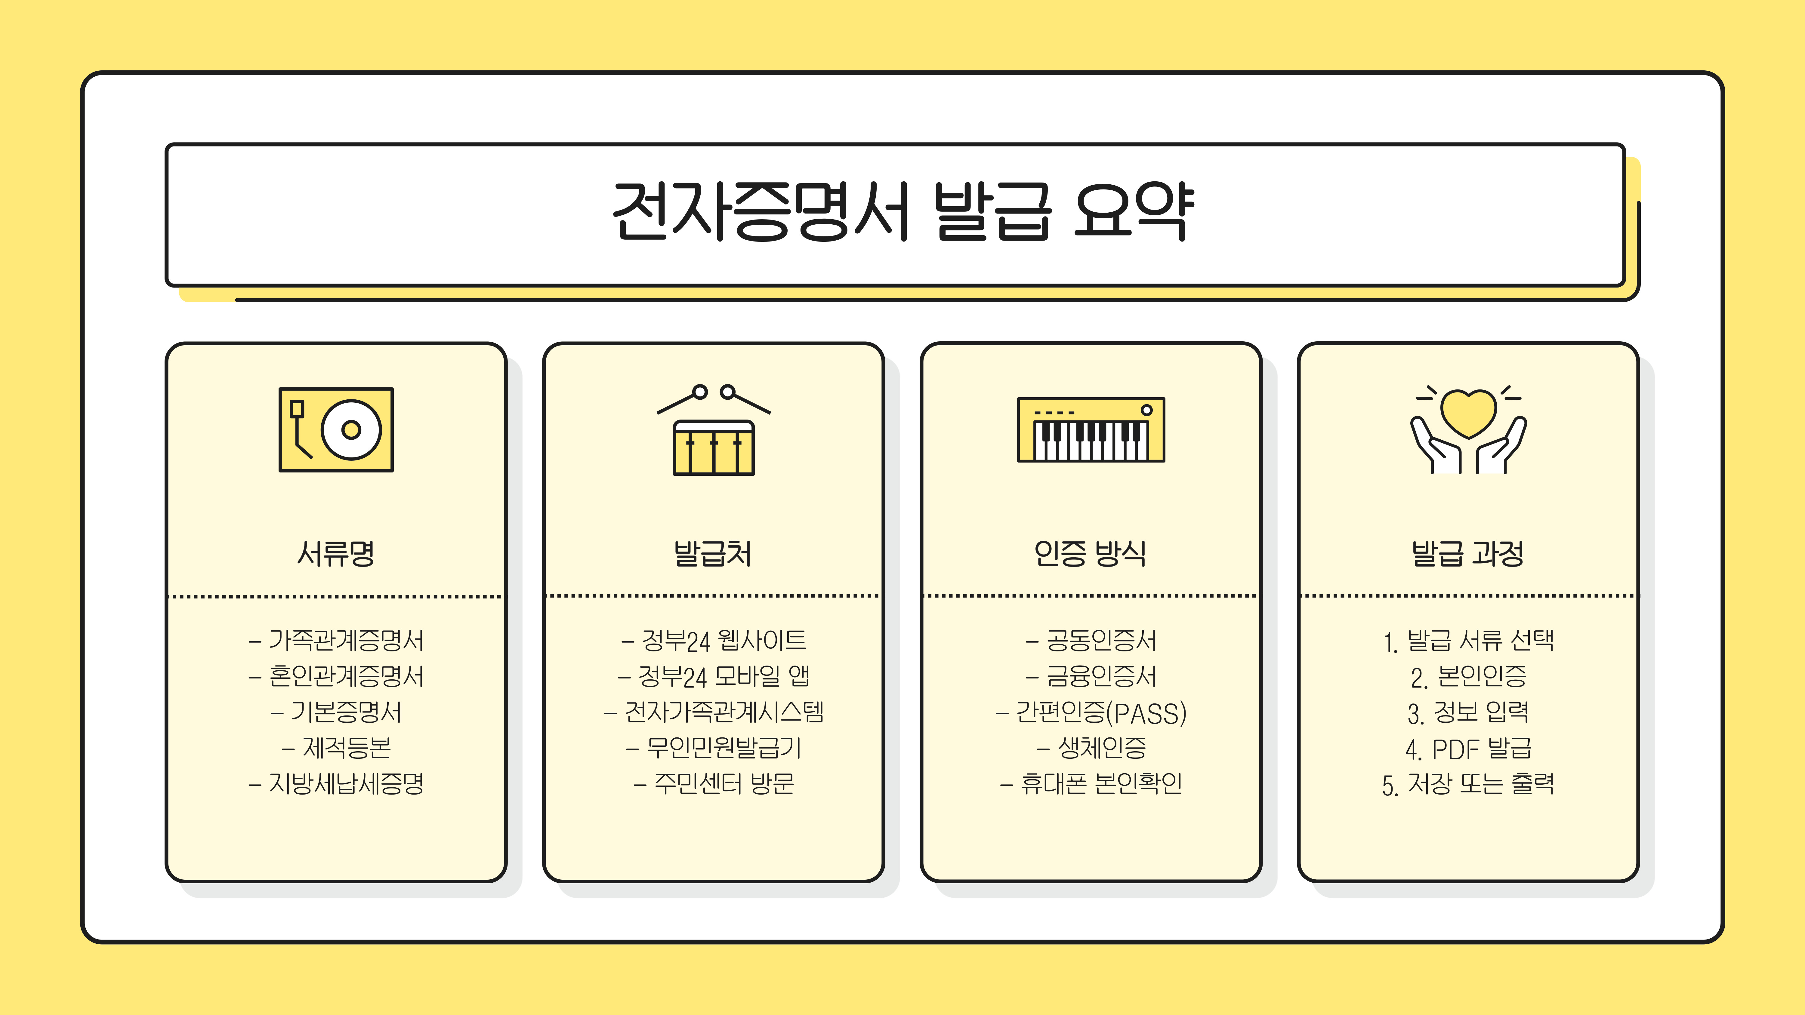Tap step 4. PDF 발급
(1469, 749)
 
